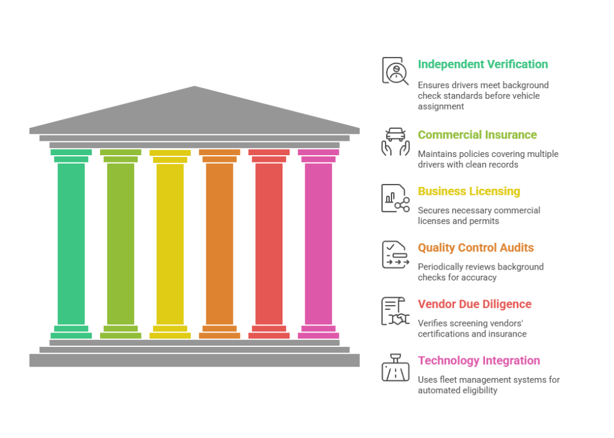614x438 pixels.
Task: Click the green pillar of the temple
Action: point(71,243)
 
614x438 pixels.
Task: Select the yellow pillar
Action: point(170,243)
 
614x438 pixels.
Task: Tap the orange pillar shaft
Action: point(219,243)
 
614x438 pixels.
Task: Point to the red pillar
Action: point(269,243)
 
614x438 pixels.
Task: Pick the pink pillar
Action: point(318,243)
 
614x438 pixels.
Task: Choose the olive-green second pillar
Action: point(121,243)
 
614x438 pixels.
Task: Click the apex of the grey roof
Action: point(195,86)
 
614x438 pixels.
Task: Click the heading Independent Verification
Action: point(483,65)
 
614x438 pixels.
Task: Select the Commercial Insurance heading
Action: point(477,135)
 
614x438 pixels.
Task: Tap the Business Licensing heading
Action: point(469,192)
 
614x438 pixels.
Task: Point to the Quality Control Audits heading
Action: point(475,248)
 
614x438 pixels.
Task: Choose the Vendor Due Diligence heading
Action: point(474,304)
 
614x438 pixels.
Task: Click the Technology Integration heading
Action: point(478,361)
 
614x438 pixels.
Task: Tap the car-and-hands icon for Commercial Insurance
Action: point(395,141)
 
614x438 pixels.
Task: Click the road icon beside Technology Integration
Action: point(395,367)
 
